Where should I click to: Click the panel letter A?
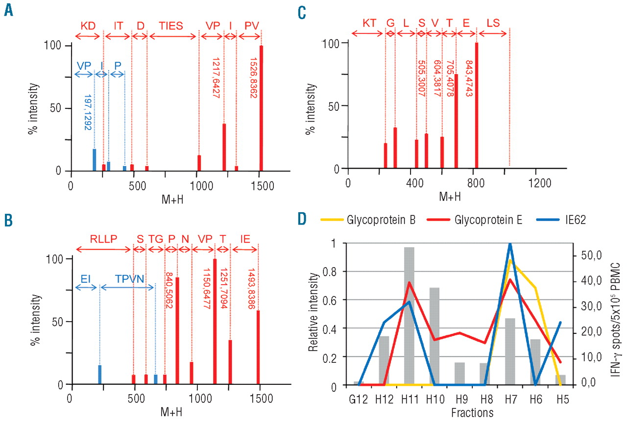tap(8, 10)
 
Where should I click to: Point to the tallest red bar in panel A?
tap(261, 108)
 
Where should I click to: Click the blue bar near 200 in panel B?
tap(99, 375)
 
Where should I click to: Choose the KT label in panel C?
tap(368, 23)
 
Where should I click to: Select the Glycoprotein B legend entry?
tap(380, 220)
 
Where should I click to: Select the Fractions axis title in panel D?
tap(471, 413)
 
